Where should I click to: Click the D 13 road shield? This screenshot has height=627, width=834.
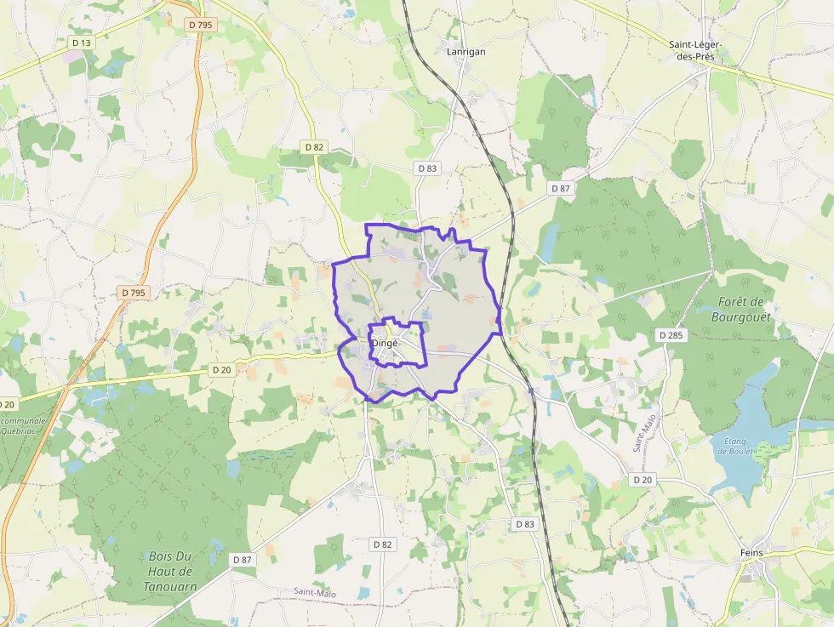[x=82, y=43]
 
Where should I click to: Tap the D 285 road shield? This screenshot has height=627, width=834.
[x=671, y=335]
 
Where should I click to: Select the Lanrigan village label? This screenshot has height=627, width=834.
[x=466, y=52]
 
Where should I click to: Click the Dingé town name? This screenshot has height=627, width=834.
[x=385, y=343]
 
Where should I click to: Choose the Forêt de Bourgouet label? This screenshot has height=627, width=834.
[x=741, y=309]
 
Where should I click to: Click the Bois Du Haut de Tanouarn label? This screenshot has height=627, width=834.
[x=170, y=571]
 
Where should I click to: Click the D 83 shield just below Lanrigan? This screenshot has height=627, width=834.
[x=427, y=168]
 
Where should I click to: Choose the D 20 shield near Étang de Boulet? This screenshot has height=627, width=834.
[x=643, y=480]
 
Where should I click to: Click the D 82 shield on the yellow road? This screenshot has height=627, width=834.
[x=315, y=147]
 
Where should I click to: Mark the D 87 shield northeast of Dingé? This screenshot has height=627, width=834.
[x=559, y=188]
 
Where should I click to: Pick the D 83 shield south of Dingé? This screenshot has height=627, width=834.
[x=525, y=524]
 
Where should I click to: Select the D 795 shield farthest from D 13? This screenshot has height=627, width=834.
[x=134, y=293]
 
